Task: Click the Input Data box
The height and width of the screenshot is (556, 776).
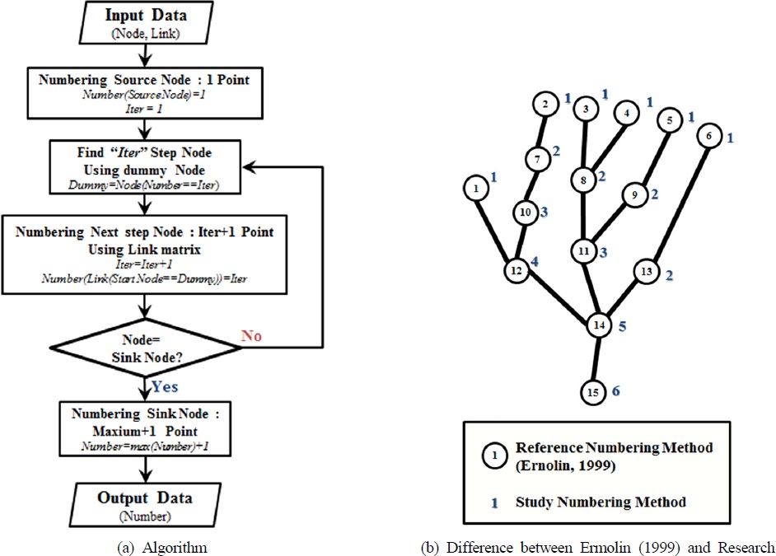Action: click(x=146, y=24)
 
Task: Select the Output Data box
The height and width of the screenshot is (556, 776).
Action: click(x=146, y=505)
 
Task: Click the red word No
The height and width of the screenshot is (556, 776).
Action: click(x=251, y=335)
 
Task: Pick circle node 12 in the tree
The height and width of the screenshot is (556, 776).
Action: click(x=517, y=269)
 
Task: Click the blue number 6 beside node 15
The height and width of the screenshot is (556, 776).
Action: click(x=616, y=392)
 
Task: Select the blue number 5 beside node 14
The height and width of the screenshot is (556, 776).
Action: click(x=623, y=326)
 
